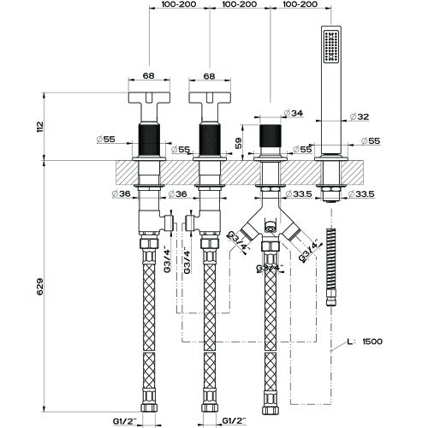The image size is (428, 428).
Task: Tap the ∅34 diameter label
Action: (x=294, y=113)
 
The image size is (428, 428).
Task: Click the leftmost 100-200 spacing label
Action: (x=179, y=5)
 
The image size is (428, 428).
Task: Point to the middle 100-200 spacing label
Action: (x=239, y=5)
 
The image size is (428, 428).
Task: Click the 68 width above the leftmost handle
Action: (x=148, y=76)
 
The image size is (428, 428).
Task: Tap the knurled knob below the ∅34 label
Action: (x=270, y=140)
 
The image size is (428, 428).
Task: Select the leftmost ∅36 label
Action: (x=122, y=195)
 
